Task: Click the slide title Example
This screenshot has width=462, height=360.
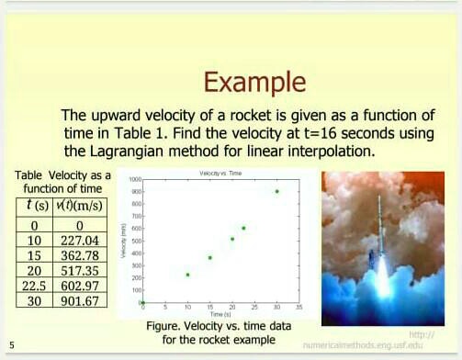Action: pyautogui.click(x=254, y=82)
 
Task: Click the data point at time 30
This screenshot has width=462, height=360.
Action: pyautogui.click(x=276, y=191)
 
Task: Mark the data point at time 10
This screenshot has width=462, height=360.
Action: pyautogui.click(x=187, y=274)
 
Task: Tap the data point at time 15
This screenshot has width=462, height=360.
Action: pyautogui.click(x=209, y=257)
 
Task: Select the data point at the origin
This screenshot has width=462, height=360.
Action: pyautogui.click(x=142, y=302)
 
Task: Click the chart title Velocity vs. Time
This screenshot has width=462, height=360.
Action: pyautogui.click(x=220, y=173)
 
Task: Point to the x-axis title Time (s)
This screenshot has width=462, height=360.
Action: pyautogui.click(x=220, y=314)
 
